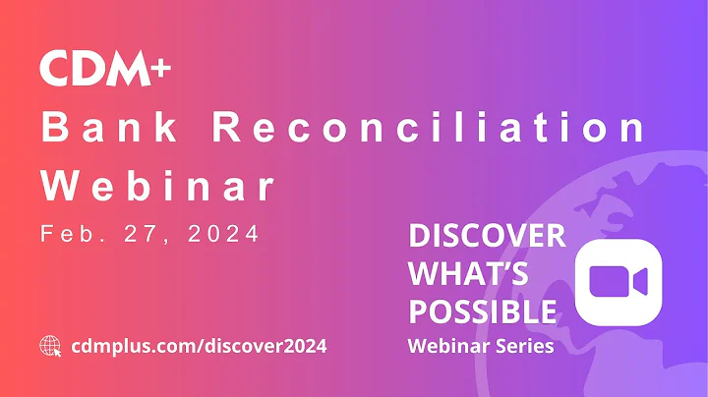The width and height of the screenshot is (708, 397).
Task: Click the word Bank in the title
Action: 110,128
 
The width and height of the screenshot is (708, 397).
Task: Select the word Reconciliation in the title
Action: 430,128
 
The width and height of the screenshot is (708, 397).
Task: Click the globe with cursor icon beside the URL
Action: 51,346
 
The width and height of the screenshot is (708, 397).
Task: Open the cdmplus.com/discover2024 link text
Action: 200,346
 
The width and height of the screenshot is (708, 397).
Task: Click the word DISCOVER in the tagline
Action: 486,236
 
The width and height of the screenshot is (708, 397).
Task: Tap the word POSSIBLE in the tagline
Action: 482,312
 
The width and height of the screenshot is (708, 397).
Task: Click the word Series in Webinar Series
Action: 527,346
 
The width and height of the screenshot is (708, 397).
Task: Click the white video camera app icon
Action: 618,281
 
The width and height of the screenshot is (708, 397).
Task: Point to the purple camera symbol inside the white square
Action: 618,282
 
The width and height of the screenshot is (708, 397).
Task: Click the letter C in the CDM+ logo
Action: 55,69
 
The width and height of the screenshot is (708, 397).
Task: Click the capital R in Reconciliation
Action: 228,128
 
